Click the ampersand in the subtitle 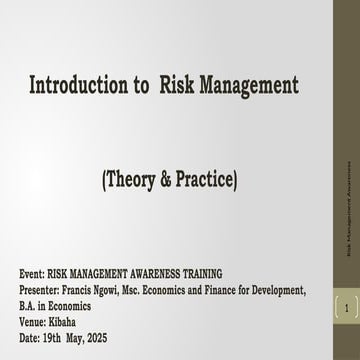click(x=189, y=180)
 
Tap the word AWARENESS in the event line click(x=155, y=273)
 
